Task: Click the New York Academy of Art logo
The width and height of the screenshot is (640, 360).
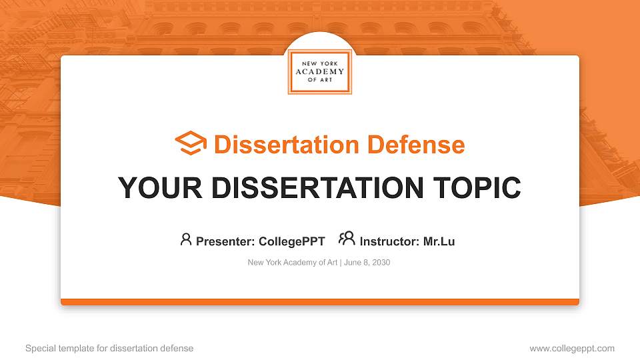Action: tap(319, 71)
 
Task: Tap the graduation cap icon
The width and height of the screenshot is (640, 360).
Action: tap(191, 143)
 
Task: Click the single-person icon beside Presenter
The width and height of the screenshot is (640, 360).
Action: tap(186, 239)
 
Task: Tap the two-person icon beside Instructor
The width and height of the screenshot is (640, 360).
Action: tap(347, 239)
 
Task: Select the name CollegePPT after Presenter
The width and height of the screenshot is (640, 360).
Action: tap(291, 241)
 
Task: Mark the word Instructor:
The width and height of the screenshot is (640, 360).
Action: tap(389, 241)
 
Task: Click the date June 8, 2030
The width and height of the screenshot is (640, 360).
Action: tap(367, 263)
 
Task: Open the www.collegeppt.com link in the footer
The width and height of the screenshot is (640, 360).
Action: tap(571, 349)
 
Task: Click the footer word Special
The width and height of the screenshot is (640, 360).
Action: tap(41, 349)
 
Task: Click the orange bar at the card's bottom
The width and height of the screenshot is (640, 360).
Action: tap(319, 302)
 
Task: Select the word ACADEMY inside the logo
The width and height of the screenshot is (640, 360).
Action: tap(319, 71)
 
